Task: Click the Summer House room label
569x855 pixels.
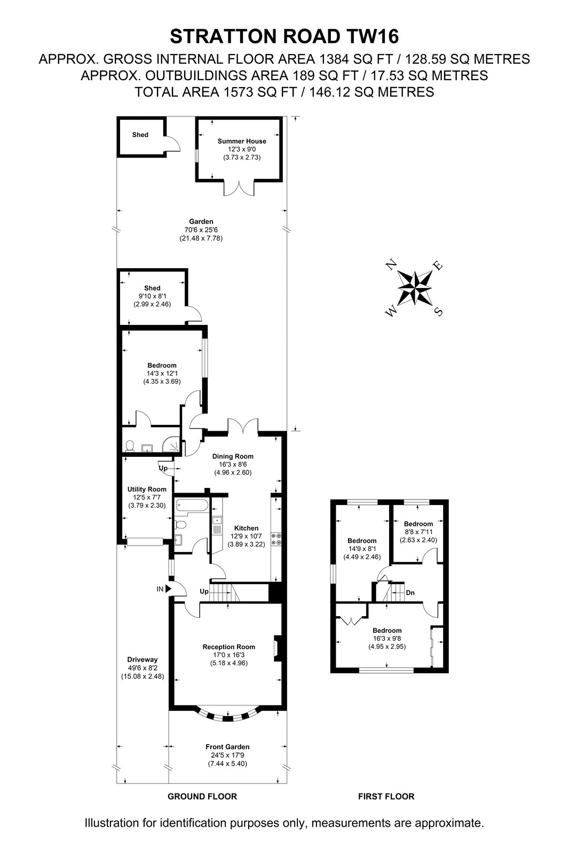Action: tap(242, 141)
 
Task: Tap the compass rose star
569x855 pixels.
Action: tap(415, 287)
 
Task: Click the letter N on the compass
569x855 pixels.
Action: tap(391, 264)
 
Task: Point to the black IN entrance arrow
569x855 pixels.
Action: tap(169, 589)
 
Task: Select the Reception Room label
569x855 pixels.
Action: tap(229, 647)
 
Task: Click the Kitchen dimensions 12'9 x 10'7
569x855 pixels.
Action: tap(247, 537)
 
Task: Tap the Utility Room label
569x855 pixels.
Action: tap(147, 489)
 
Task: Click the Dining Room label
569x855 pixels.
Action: tap(233, 456)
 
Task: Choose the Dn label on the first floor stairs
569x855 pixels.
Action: tap(410, 593)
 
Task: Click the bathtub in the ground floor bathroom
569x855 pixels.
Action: tap(192, 507)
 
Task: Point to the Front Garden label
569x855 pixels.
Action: tap(227, 747)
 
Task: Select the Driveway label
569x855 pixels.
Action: tap(142, 659)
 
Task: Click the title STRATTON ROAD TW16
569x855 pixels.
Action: tap(284, 37)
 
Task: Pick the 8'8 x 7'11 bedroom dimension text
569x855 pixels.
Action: tap(418, 532)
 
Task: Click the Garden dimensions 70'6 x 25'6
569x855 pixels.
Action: tap(201, 230)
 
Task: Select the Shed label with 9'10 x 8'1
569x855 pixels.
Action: tap(152, 288)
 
